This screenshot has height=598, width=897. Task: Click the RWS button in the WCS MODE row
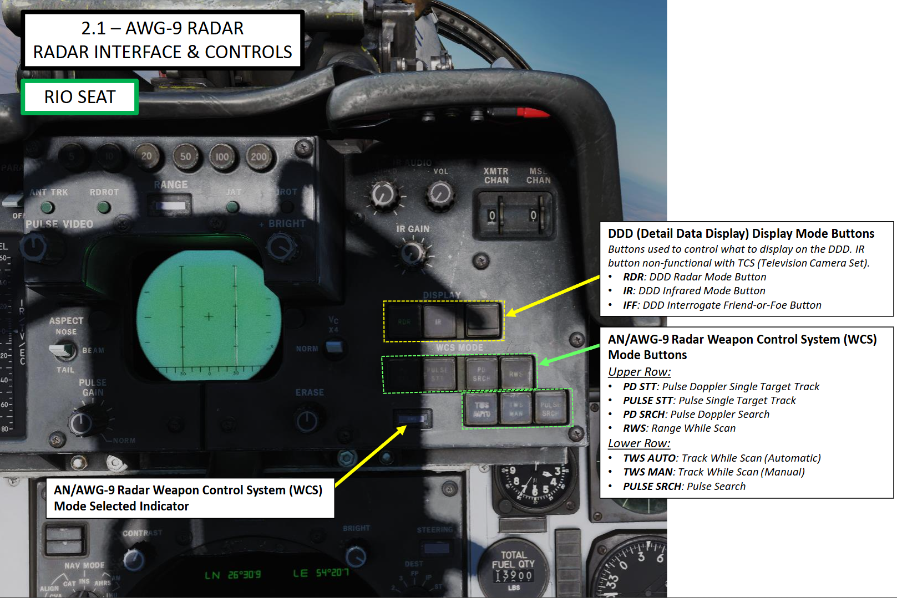click(516, 374)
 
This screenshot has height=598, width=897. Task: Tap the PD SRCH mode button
click(482, 374)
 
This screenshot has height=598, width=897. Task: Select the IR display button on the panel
click(438, 321)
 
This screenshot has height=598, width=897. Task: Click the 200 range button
click(259, 157)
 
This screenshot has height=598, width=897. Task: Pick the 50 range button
click(186, 157)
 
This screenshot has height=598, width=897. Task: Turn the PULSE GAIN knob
click(82, 423)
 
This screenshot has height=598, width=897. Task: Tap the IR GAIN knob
click(412, 253)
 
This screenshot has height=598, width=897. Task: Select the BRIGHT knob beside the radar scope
click(282, 247)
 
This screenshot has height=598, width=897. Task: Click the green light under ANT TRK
click(48, 207)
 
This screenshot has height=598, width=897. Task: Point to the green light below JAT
click(233, 207)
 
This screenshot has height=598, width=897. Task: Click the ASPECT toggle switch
click(63, 350)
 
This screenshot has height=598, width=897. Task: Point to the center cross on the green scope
click(209, 317)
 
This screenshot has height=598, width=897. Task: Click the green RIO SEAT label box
click(80, 97)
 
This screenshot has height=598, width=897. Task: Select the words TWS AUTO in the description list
click(649, 458)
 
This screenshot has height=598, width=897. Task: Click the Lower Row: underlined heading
click(639, 443)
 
